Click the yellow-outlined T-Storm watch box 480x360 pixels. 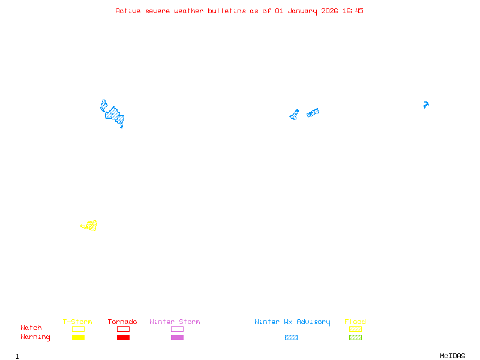[x=78, y=329]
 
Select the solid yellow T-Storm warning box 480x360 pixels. [x=78, y=337]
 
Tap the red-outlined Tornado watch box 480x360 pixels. [x=123, y=329]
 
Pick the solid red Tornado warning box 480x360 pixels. [x=123, y=337]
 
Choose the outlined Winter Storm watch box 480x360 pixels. [x=177, y=329]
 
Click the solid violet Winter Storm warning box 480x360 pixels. [x=177, y=337]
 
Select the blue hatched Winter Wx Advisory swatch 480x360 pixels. [x=291, y=337]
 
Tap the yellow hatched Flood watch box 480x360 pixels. [x=355, y=329]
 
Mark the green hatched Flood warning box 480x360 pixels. [x=355, y=337]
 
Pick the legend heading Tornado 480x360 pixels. [x=122, y=322]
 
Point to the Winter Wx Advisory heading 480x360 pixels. [x=292, y=322]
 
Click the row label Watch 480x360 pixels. [x=31, y=328]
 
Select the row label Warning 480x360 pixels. [x=35, y=337]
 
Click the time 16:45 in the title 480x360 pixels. [x=352, y=11]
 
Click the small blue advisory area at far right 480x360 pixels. [x=426, y=104]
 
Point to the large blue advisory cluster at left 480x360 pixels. [x=112, y=113]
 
